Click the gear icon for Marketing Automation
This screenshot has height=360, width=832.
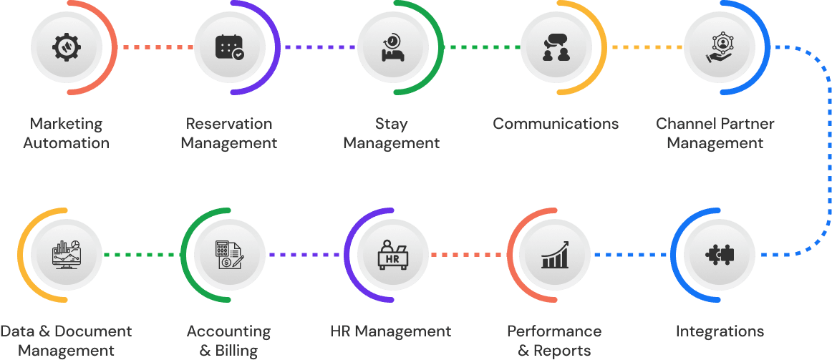[x=67, y=47]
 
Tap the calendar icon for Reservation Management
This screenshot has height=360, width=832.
[x=230, y=47]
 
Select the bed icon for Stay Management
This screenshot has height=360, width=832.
[x=392, y=47]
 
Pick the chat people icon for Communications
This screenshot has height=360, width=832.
[x=556, y=47]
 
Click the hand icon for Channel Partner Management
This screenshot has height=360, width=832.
[x=719, y=47]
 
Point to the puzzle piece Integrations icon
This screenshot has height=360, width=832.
[x=719, y=254]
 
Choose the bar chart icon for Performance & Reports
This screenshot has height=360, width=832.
[x=556, y=254]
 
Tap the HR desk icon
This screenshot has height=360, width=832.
[x=392, y=254]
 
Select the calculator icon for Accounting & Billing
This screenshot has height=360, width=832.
[x=230, y=254]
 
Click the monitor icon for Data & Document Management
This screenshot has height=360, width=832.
[x=67, y=254]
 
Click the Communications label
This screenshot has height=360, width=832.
[x=556, y=124]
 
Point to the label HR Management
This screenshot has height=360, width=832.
[x=391, y=331]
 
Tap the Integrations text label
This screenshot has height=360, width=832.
[x=720, y=331]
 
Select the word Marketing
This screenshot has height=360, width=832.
[x=67, y=124]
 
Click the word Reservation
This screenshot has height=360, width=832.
[x=229, y=124]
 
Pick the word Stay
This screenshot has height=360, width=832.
[x=392, y=124]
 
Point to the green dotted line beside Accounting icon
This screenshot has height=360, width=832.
[x=141, y=254]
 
